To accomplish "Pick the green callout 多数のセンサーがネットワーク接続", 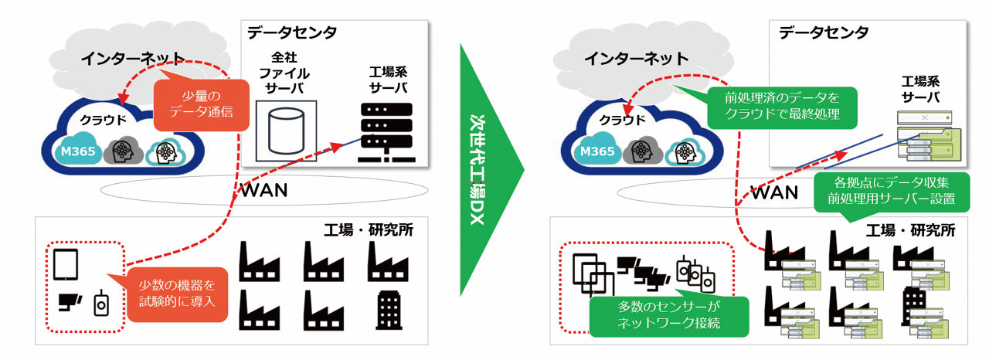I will pyautogui.click(x=669, y=314).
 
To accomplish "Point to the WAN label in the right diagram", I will pyautogui.click(x=775, y=192).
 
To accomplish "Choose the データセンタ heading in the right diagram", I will pyautogui.click(x=824, y=32).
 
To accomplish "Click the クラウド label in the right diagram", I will pyautogui.click(x=623, y=120).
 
